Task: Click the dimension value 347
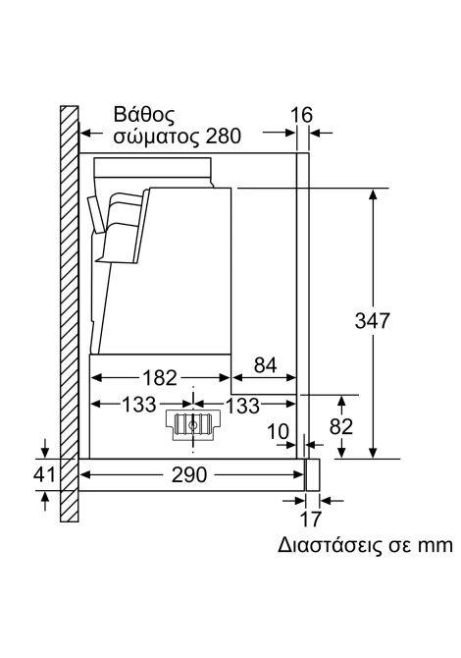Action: pos(372,320)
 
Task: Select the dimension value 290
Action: pos(189,474)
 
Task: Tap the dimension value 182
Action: pos(160,378)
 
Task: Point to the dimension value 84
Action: pos(265,364)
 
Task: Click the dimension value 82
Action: pos(341,427)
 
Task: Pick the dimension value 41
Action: pos(44,474)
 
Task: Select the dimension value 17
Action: pos(311,519)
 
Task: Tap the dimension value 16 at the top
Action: pos(302,115)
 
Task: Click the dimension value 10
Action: pos(278,431)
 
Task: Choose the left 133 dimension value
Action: pos(138,405)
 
